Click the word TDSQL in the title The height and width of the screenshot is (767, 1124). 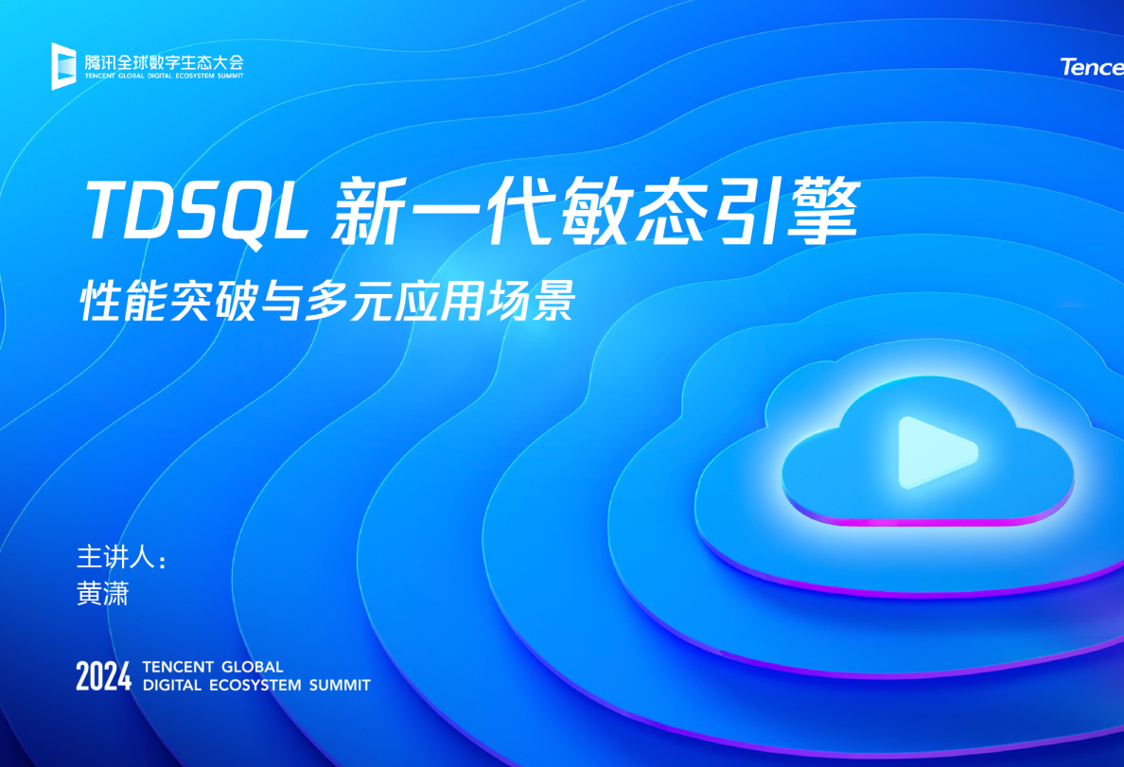tap(199, 210)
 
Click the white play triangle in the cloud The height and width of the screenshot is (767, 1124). tap(933, 452)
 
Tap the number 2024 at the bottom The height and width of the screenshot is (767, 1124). tap(103, 676)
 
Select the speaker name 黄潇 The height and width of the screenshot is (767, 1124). tap(102, 593)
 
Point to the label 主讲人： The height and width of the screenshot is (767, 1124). tap(121, 556)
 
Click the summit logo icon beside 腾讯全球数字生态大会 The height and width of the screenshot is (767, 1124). tap(63, 66)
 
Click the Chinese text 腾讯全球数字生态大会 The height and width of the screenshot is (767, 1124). tap(163, 61)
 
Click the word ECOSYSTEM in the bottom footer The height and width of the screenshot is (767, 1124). tap(254, 685)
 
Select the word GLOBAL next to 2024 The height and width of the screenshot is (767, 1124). tap(249, 667)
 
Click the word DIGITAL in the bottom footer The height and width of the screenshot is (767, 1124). tap(171, 685)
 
